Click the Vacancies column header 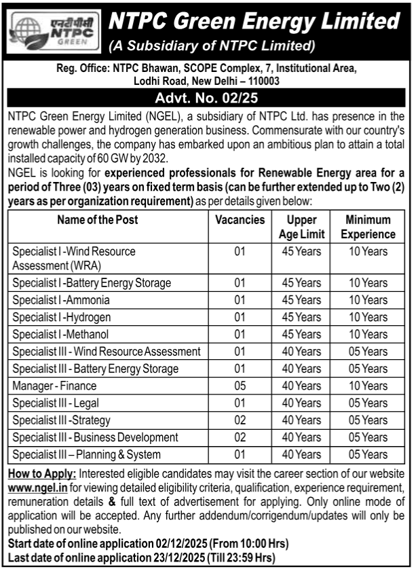pos(240,220)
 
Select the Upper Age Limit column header pos(302,227)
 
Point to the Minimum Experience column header pos(368,227)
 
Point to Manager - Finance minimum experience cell pos(368,386)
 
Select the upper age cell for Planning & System pos(302,455)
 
